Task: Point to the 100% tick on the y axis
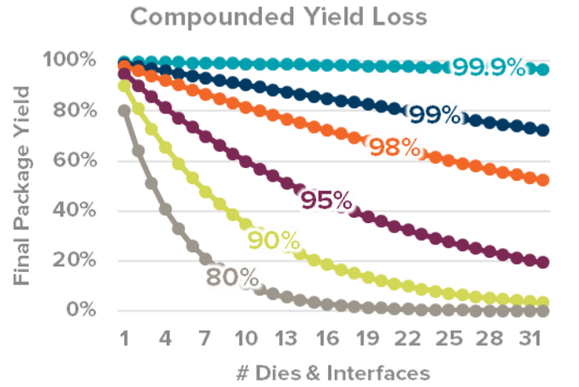pyautogui.click(x=76, y=60)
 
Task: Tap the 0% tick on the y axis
pyautogui.click(x=86, y=310)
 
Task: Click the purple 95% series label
pyautogui.click(x=325, y=201)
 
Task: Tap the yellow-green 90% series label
pyautogui.click(x=274, y=242)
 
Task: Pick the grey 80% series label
pyautogui.click(x=229, y=276)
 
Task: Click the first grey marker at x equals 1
pyautogui.click(x=125, y=111)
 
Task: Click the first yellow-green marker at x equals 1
pyautogui.click(x=125, y=85)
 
